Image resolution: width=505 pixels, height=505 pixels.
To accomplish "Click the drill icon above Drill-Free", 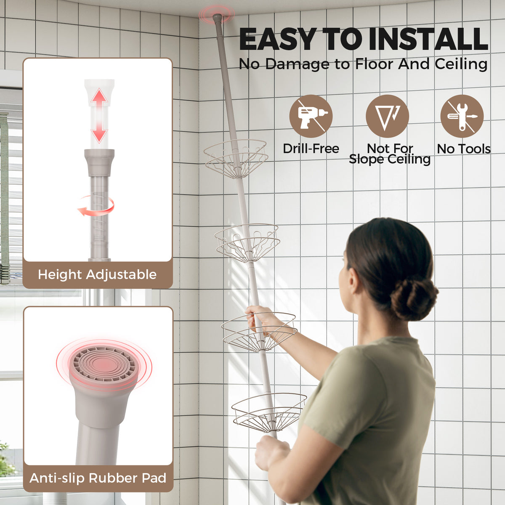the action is coord(311,116).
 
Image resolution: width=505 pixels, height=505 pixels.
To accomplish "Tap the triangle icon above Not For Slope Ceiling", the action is coord(387,116).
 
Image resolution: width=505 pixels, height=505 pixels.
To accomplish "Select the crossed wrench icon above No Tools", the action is coord(462,116).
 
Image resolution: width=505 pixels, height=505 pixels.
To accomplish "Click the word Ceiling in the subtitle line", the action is coord(461,64).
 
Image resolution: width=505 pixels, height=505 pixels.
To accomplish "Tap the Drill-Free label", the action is coord(311,149).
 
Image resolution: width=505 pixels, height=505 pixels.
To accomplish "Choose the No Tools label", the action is coord(464,149).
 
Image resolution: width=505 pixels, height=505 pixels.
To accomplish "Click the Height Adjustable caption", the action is coord(97,275).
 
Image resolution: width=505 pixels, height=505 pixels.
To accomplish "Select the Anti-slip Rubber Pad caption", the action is coord(98,478).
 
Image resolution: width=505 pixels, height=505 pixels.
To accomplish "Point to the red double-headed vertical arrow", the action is coord(99,116).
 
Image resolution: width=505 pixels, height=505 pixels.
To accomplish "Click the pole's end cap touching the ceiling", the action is coord(217,19).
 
